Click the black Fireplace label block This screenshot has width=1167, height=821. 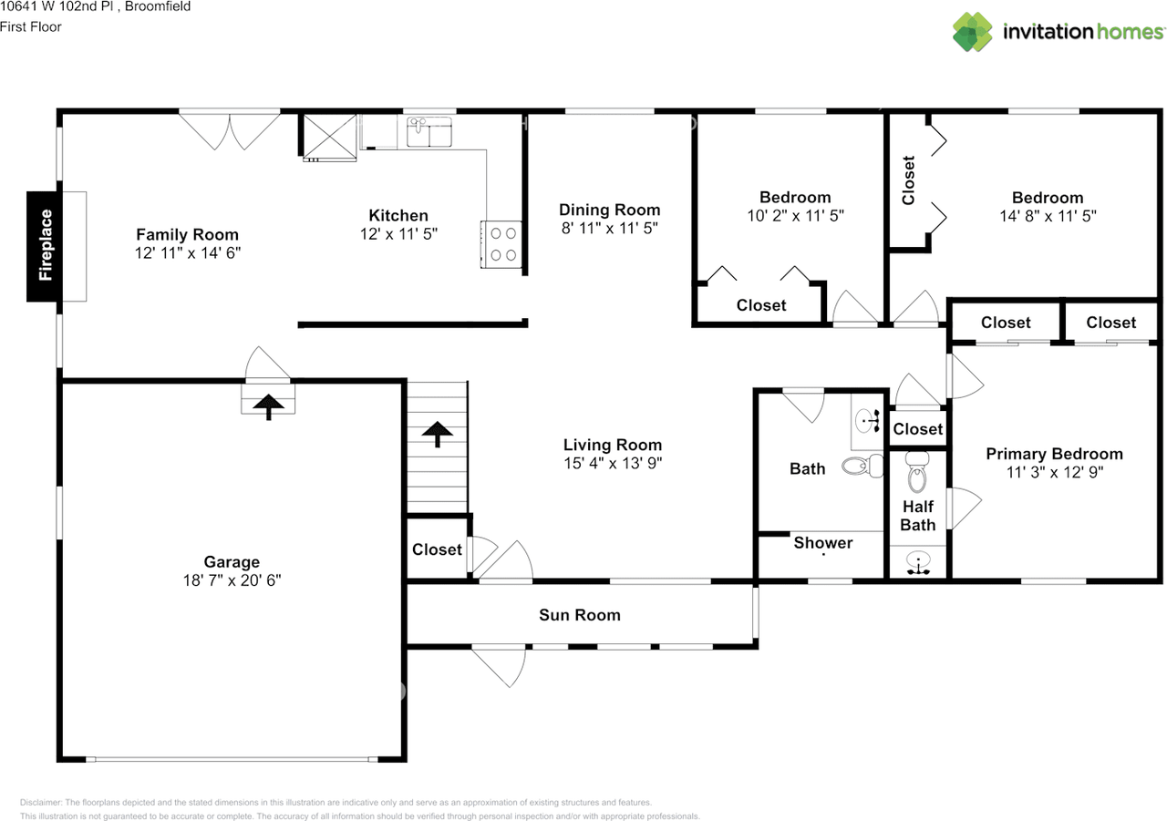point(45,246)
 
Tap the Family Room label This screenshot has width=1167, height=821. point(187,235)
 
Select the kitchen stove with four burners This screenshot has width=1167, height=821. point(501,244)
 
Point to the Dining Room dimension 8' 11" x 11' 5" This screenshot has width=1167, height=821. point(609,228)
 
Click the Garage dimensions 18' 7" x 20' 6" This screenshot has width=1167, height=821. point(232,580)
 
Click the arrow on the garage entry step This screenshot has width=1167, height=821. point(268,405)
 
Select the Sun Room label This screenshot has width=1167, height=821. point(579,615)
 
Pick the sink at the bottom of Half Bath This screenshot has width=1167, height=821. point(918,561)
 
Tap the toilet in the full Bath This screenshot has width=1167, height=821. point(862,467)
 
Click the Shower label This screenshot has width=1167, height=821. point(822,543)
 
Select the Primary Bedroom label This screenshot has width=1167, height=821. point(1054,454)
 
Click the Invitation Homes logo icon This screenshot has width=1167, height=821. point(973,32)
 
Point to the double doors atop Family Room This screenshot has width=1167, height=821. point(230,129)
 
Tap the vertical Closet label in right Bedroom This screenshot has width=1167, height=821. point(908,180)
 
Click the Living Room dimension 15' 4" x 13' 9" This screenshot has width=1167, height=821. point(611,463)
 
